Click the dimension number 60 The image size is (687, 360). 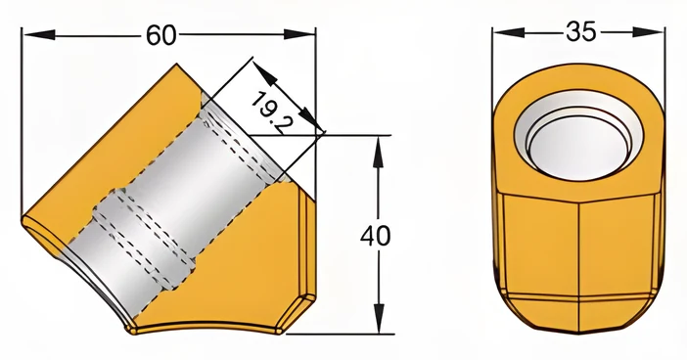pyautogui.click(x=160, y=35)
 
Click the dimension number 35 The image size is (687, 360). pyautogui.click(x=581, y=31)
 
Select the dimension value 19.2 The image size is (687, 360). pyautogui.click(x=272, y=113)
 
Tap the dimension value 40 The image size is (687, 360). pyautogui.click(x=375, y=236)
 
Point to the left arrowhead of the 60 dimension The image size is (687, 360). pyautogui.click(x=38, y=34)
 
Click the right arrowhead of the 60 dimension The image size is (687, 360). pyautogui.click(x=299, y=34)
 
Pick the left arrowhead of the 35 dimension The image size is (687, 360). pyautogui.click(x=508, y=32)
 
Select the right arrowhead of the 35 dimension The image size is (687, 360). pyautogui.click(x=649, y=32)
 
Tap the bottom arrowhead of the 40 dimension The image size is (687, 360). pyautogui.click(x=380, y=318)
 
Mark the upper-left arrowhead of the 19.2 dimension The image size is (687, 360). pyautogui.click(x=264, y=72)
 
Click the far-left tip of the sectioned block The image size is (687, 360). pyautogui.click(x=23, y=219)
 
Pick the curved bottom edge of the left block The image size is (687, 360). pyautogui.click(x=206, y=327)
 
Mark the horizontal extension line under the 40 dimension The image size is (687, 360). pyautogui.click(x=340, y=334)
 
